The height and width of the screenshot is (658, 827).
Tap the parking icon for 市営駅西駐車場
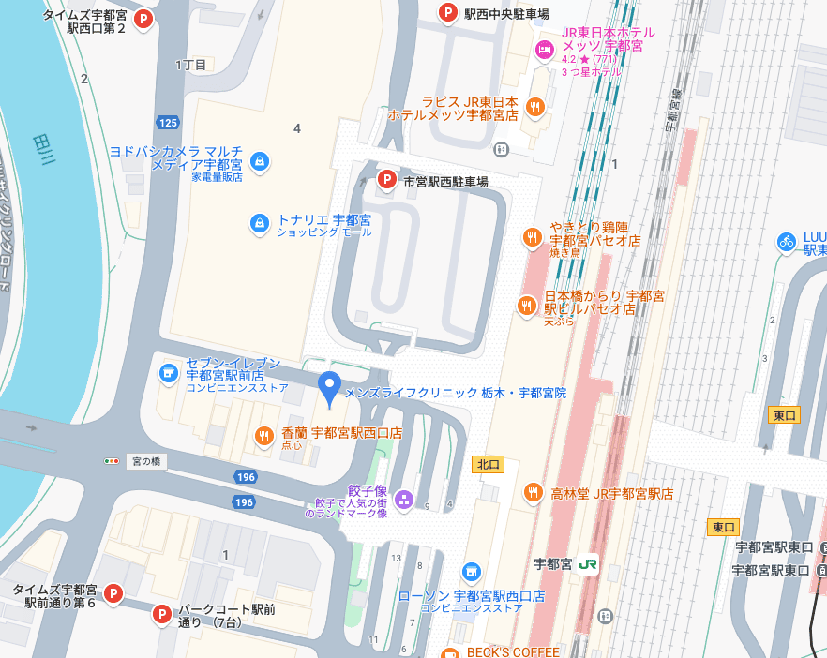coord(385,179)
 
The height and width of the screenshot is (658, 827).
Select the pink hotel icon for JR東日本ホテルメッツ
coord(543,49)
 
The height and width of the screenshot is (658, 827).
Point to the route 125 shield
coord(168,123)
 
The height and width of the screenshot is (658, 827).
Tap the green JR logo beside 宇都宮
coord(589,564)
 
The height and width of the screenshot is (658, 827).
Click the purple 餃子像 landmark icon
coord(403,499)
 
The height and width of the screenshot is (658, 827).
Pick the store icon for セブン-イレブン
coord(168,374)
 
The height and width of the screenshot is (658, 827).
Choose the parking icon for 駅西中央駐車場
coord(448,12)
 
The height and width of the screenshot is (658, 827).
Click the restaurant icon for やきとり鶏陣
coord(533,237)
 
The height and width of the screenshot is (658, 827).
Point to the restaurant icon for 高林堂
coord(533,492)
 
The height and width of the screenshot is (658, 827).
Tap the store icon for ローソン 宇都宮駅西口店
coord(471,571)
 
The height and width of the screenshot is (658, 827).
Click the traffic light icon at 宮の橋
coord(113,461)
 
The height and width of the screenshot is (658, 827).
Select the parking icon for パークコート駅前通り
coord(161,615)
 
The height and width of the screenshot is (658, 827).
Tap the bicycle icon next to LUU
coord(786,242)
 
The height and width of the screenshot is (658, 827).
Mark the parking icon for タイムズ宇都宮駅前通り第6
coord(113,592)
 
